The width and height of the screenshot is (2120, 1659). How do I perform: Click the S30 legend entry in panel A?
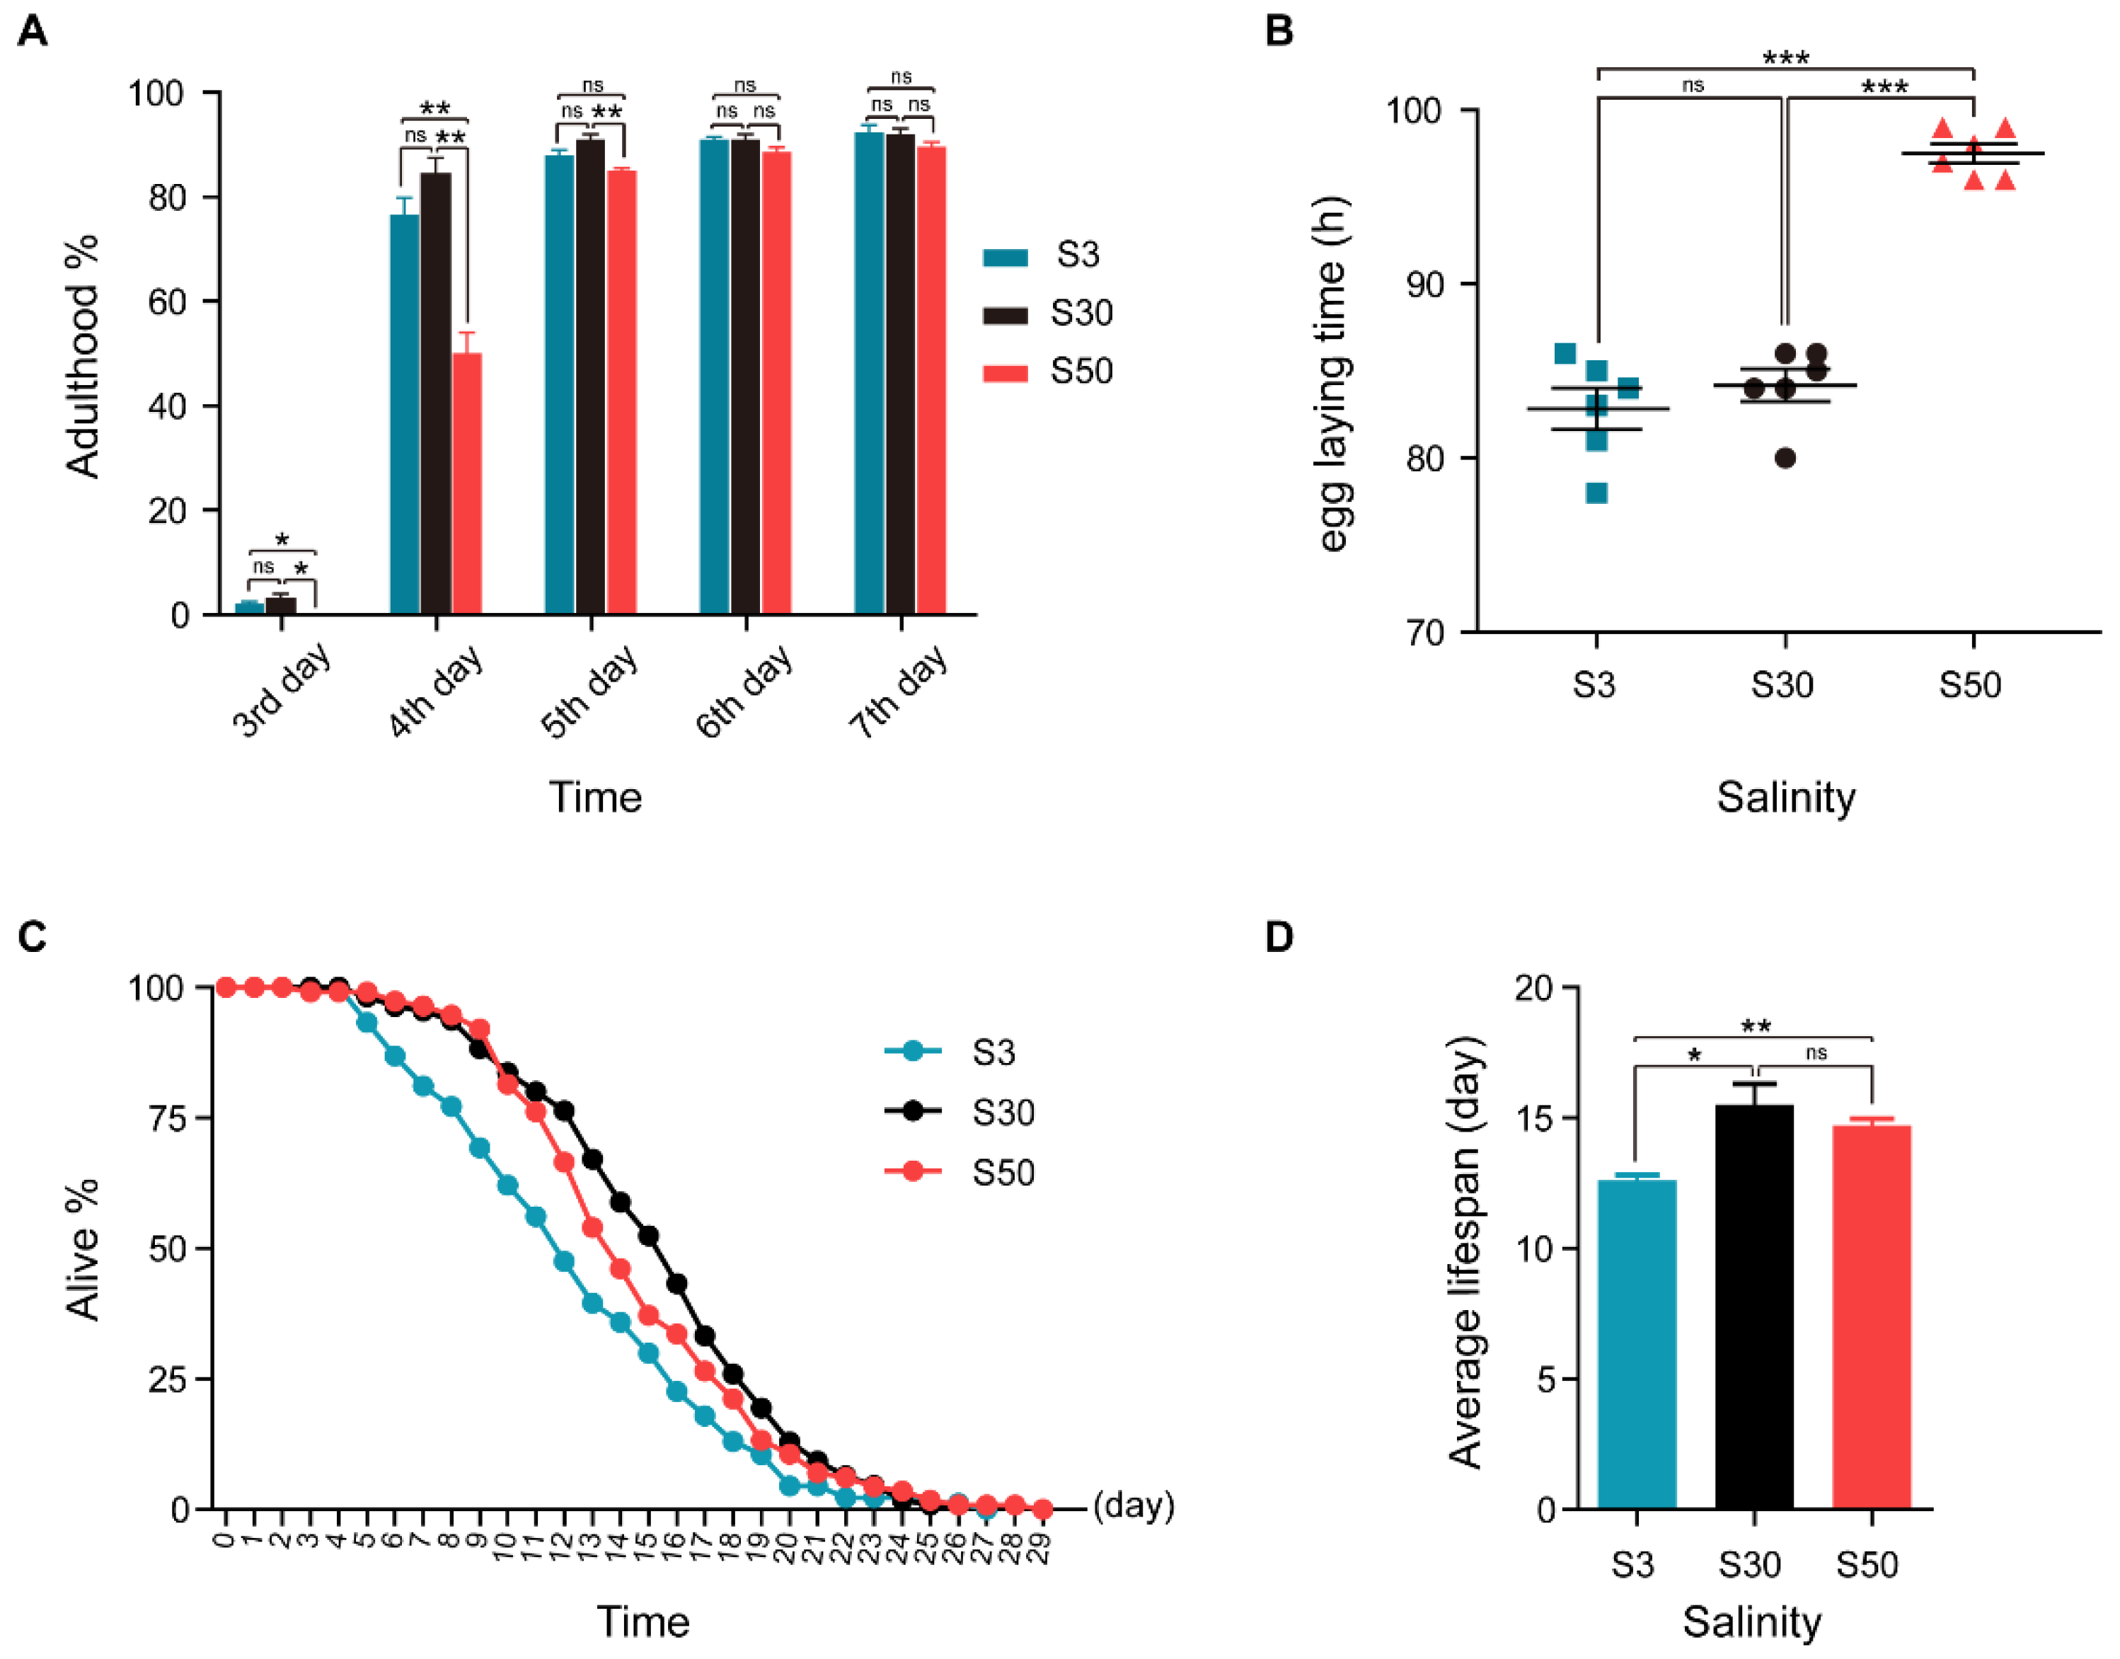tap(1048, 314)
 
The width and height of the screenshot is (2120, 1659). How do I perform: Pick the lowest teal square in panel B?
tap(1596, 493)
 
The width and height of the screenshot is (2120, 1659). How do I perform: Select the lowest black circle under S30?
tap(1785, 459)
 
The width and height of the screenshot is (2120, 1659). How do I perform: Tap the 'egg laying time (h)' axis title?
tap(1333, 374)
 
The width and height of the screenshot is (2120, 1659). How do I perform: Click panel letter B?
tap(1279, 31)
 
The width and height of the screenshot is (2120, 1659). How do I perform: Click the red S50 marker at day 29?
tap(1042, 1508)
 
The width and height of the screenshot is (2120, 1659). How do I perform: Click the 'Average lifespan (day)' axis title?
tap(1465, 1252)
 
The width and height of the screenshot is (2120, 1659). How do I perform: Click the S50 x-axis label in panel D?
tap(1867, 1565)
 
